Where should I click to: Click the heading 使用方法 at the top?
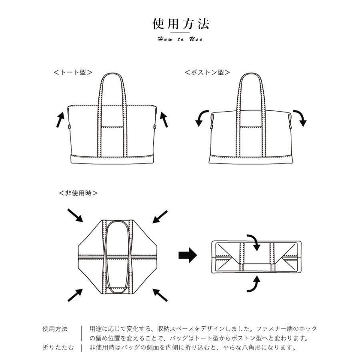[x=180, y=24]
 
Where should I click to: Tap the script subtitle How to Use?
[x=180, y=39]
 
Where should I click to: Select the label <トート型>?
[x=73, y=72]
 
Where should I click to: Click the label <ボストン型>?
[x=207, y=72]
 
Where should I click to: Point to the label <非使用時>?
[x=78, y=193]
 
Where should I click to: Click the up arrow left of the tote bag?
[x=60, y=119]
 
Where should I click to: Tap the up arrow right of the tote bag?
[x=164, y=119]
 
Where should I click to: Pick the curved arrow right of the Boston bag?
[x=300, y=118]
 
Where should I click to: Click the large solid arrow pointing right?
[x=188, y=254]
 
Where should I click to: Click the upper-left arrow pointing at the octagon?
[x=74, y=215]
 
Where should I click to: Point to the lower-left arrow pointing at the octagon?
[x=75, y=295]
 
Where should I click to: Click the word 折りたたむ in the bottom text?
[x=58, y=348]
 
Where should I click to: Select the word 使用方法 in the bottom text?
[x=55, y=329]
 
